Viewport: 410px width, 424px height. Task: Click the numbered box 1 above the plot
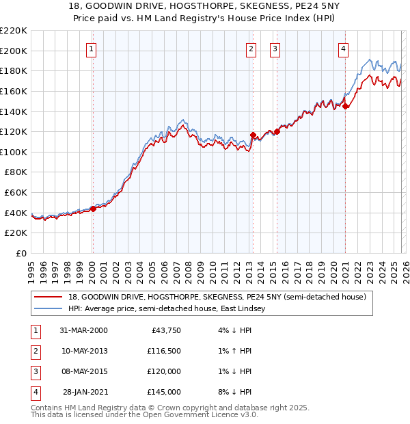(91, 49)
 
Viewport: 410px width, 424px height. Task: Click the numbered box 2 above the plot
(251, 49)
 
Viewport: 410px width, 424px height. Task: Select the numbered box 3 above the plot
(275, 49)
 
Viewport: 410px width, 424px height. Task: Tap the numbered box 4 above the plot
(343, 49)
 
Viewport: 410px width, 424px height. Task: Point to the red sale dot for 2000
(93, 209)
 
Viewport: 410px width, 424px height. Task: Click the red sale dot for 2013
(253, 135)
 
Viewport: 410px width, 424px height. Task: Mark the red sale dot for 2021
(346, 106)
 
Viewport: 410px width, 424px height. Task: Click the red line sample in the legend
(48, 297)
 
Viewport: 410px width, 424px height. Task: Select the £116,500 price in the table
(163, 351)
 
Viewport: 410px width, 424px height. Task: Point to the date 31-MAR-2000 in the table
(83, 330)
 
